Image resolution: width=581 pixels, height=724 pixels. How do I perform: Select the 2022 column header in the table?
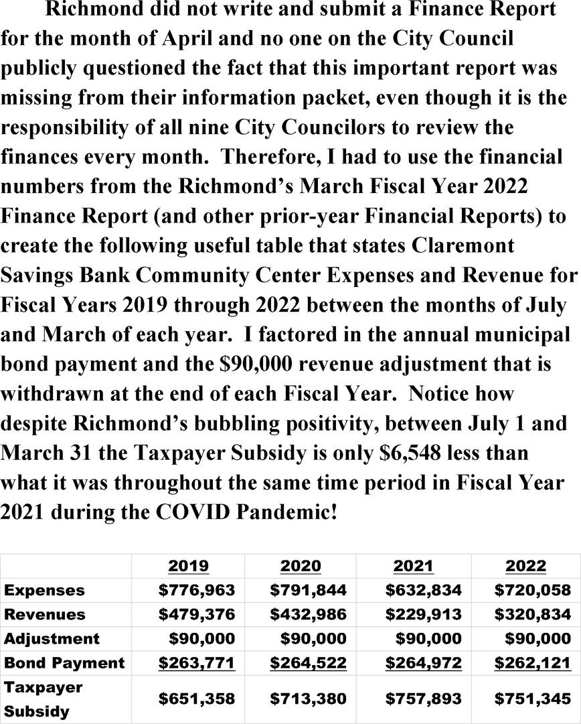tap(525, 566)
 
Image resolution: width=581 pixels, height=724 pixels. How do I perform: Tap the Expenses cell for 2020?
tap(308, 590)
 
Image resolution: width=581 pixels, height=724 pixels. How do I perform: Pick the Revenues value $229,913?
tap(424, 614)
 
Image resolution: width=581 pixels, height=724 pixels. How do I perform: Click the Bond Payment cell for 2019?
tap(197, 663)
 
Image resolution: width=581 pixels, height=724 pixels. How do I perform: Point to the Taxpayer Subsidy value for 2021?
tap(424, 699)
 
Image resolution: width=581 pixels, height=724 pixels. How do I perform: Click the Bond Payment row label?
tap(64, 663)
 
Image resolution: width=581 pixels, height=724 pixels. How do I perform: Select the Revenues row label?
tap(45, 614)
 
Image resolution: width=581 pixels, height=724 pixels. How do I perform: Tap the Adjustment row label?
tap(52, 638)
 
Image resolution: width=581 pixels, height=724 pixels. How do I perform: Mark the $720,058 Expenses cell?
tap(532, 590)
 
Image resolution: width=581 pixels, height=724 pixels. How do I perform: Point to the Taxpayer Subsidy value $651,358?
tap(197, 699)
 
